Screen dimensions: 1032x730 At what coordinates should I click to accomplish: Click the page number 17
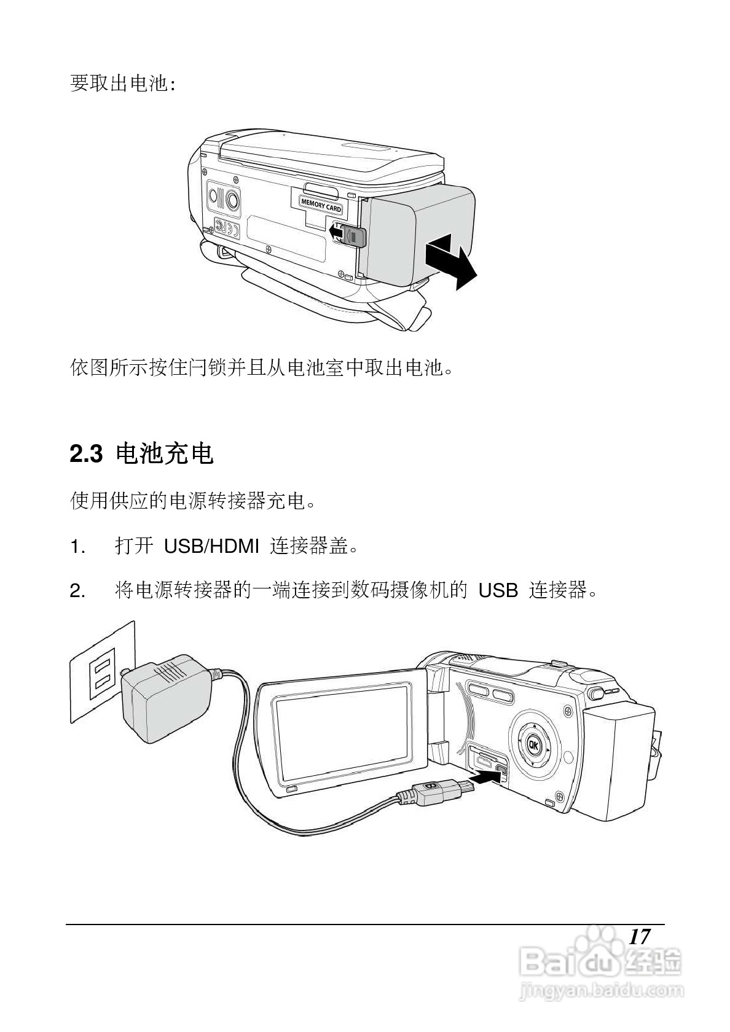[x=639, y=937]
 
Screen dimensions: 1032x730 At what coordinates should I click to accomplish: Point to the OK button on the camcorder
[x=532, y=745]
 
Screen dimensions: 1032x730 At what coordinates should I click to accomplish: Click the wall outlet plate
[x=101, y=671]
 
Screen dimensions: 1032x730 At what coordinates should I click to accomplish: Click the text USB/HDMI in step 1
[x=211, y=546]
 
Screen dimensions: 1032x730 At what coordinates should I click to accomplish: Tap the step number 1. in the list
[x=77, y=546]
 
